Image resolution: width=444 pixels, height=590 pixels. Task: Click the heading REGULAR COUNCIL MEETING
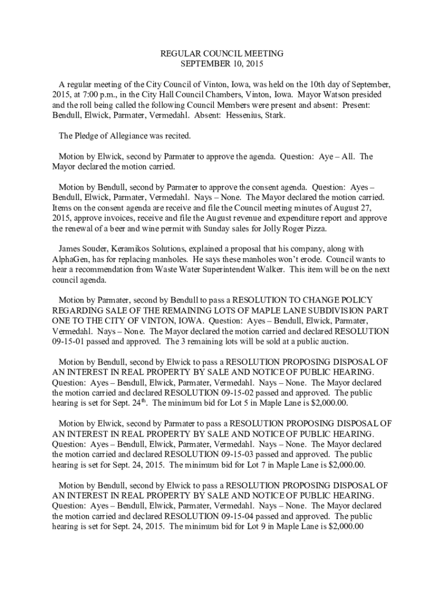pyautogui.click(x=221, y=54)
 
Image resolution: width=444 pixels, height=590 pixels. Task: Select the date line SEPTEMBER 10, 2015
pyautogui.click(x=221, y=63)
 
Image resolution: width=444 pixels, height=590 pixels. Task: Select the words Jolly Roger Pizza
pyautogui.click(x=296, y=228)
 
